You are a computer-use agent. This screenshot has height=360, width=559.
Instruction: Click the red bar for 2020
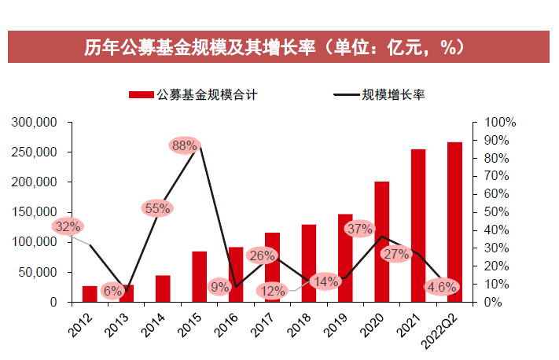click(x=382, y=241)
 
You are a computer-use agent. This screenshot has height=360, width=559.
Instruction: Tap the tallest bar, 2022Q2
click(x=455, y=222)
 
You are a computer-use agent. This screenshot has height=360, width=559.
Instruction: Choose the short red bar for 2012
click(x=90, y=294)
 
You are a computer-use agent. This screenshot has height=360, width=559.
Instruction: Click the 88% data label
click(x=184, y=145)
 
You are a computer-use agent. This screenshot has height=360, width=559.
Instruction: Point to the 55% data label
click(x=157, y=208)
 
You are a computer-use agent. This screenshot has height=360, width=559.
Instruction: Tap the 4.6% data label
click(x=442, y=288)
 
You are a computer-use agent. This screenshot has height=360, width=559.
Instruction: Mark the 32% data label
click(x=68, y=227)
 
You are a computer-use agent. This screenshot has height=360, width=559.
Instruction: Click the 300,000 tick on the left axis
click(x=35, y=123)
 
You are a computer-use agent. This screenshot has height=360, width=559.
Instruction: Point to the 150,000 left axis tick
click(x=35, y=212)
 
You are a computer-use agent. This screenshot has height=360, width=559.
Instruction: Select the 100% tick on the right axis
click(x=500, y=123)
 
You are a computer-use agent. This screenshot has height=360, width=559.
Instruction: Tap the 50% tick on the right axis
click(x=500, y=212)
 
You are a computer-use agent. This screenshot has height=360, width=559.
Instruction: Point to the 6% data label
click(x=112, y=291)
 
